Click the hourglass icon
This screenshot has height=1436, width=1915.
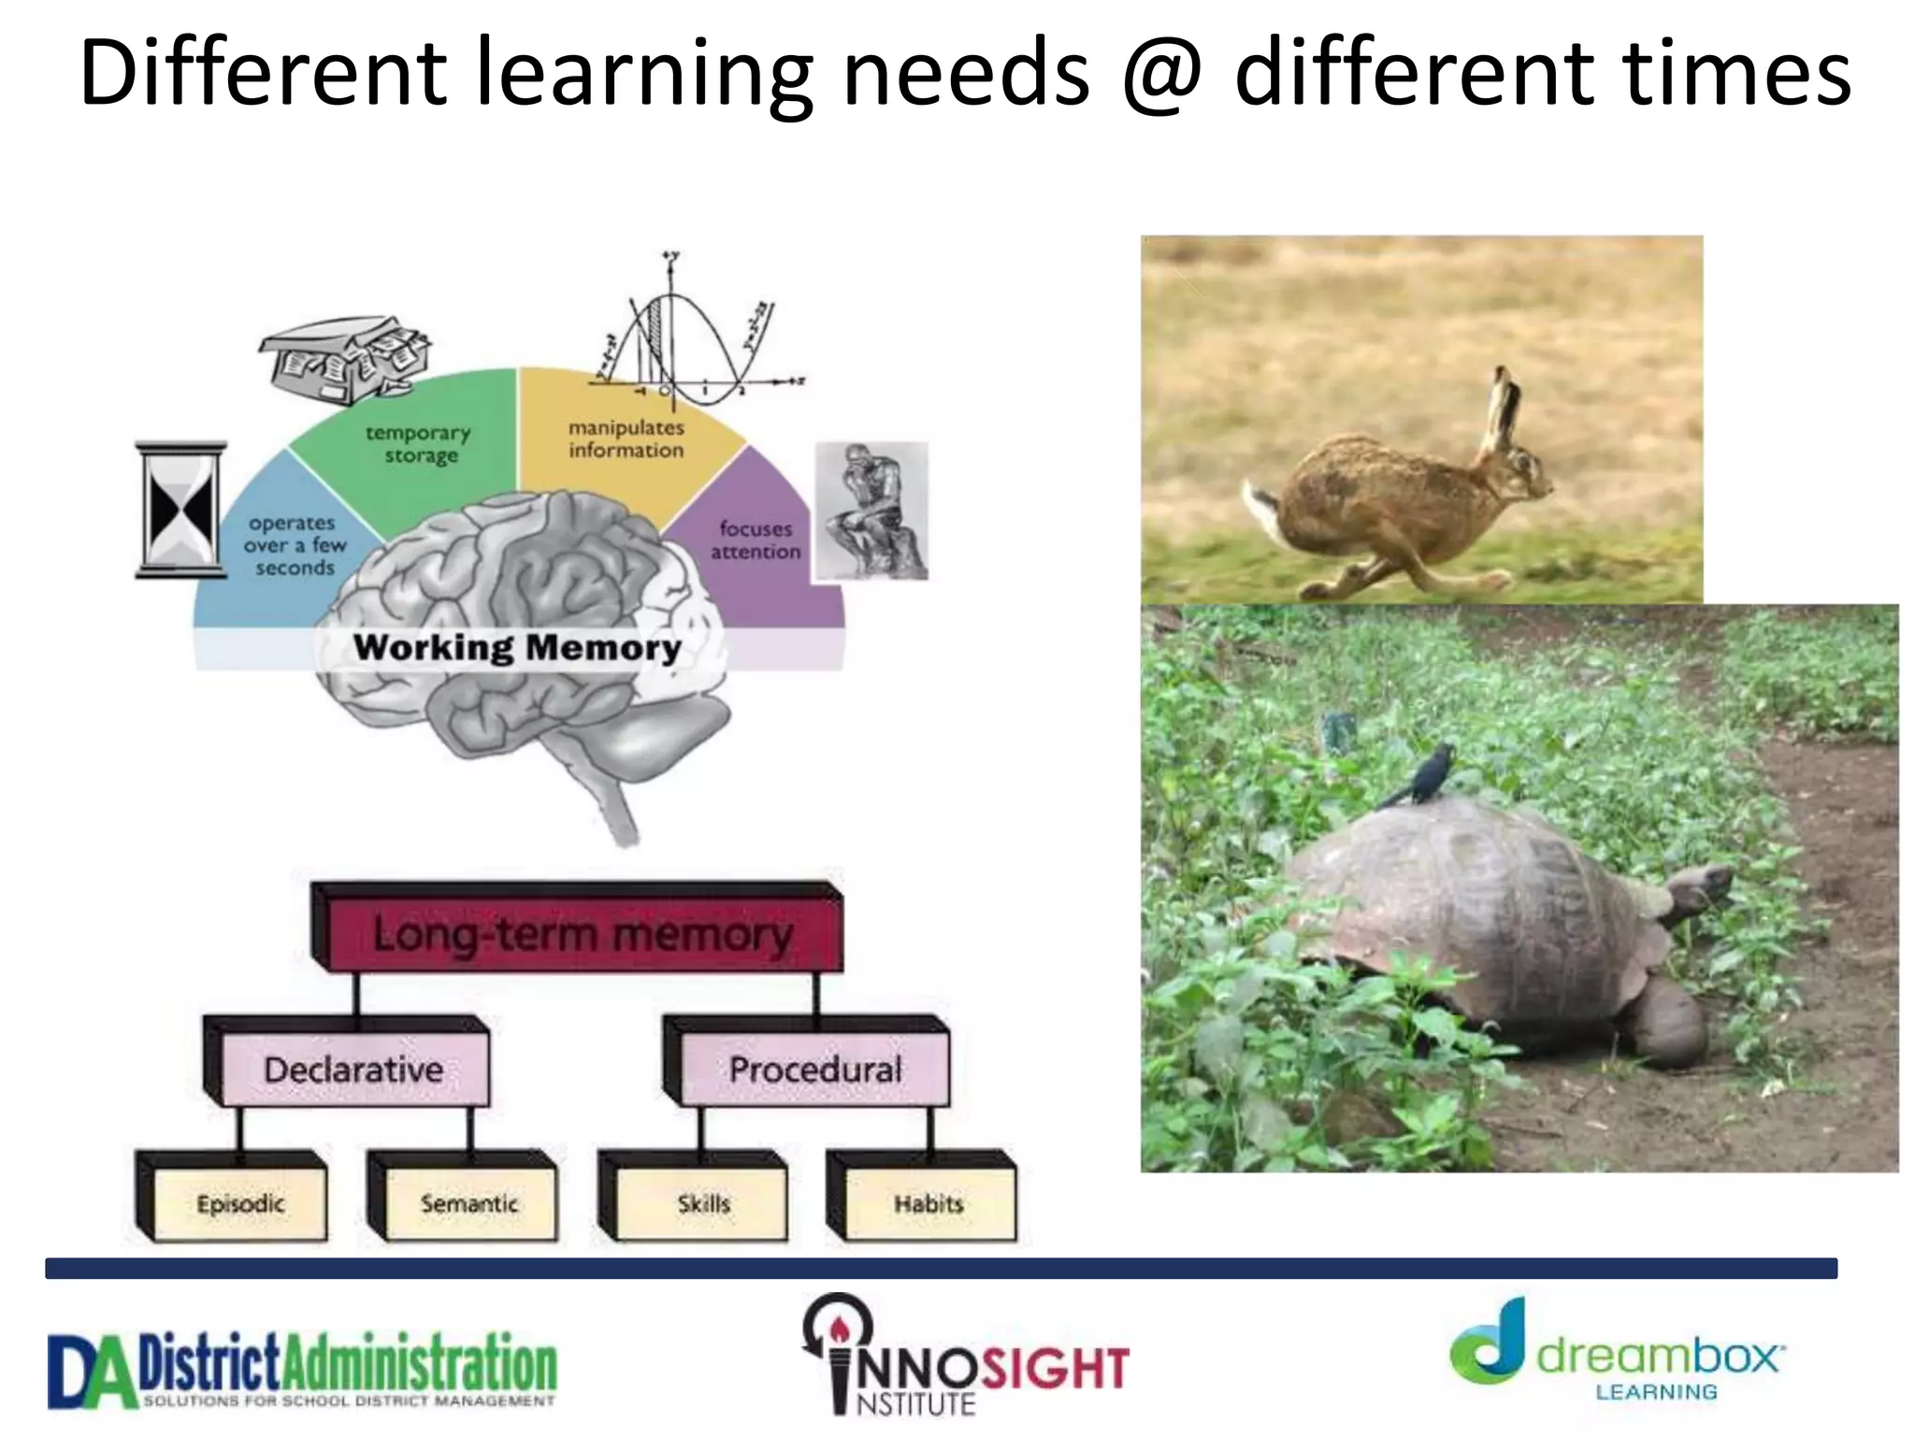click(x=181, y=510)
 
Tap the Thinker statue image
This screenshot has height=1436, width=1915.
click(x=871, y=511)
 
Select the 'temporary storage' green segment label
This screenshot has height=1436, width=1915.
click(x=419, y=444)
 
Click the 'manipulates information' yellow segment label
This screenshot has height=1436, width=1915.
click(x=626, y=438)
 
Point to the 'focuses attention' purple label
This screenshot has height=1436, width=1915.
click(x=756, y=540)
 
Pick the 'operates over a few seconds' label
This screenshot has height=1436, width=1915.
click(x=294, y=545)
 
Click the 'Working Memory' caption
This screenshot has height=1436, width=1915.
click(x=517, y=647)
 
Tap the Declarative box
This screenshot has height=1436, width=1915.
click(x=353, y=1070)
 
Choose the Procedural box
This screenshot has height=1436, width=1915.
click(x=815, y=1070)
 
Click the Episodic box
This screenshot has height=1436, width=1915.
click(x=240, y=1203)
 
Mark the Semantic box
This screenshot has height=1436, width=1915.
click(x=469, y=1203)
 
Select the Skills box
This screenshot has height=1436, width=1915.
click(x=703, y=1203)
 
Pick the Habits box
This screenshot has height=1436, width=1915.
click(x=929, y=1203)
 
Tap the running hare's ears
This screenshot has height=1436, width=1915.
click(x=1500, y=411)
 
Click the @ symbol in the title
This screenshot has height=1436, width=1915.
click(x=1161, y=75)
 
